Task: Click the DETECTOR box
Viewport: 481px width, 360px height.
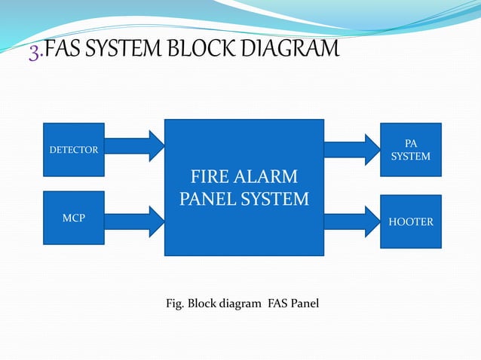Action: (x=74, y=150)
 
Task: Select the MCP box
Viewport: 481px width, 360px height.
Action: (x=74, y=218)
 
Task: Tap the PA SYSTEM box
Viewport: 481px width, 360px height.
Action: (x=410, y=149)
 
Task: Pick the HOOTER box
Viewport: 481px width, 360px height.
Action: (x=410, y=222)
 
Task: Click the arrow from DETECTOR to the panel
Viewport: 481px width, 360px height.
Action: (x=135, y=145)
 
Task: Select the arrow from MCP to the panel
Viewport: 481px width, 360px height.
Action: (x=135, y=220)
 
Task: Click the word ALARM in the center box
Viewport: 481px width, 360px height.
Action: (x=269, y=178)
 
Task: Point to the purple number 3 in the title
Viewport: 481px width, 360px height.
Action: (x=34, y=51)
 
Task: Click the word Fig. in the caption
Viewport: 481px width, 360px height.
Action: (x=174, y=304)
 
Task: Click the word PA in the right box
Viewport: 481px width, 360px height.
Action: (x=411, y=142)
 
